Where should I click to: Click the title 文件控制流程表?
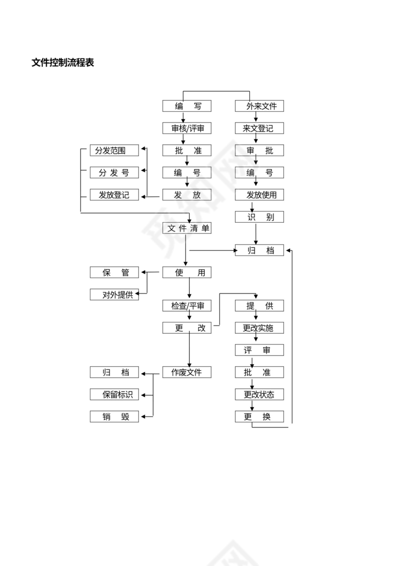pos(63,63)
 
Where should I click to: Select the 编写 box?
pos(187,106)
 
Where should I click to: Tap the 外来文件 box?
pos(259,106)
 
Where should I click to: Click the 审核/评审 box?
pos(187,128)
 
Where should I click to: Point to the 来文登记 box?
pos(259,128)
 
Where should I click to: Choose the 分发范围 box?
pos(114,150)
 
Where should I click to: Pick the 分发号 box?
pos(114,173)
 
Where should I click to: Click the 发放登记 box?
pos(114,195)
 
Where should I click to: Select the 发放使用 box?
pos(259,195)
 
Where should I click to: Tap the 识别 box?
pos(259,217)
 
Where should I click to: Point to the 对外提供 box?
pos(114,295)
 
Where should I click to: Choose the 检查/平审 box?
pos(187,306)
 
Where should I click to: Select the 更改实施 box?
pos(259,328)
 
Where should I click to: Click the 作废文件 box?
pos(187,372)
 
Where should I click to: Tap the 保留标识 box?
pos(114,394)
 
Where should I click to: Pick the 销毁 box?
pos(114,417)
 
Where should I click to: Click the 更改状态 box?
pos(259,394)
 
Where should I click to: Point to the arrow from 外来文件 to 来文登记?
pos(256,117)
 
